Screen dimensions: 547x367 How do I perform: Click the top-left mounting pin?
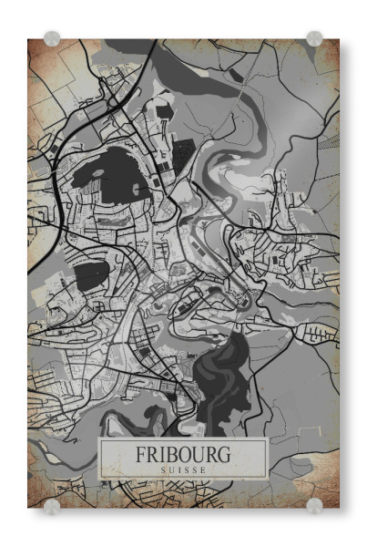tap(52, 38)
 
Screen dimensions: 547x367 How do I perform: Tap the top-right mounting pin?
tap(314, 38)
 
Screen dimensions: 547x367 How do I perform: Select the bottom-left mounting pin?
tap(52, 507)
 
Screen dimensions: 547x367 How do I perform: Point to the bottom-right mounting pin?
tap(314, 506)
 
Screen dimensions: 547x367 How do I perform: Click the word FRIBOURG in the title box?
tap(183, 454)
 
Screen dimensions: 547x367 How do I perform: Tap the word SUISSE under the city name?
tap(183, 470)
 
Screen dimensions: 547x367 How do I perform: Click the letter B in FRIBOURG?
tap(170, 454)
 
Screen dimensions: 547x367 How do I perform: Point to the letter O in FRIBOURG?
tap(184, 454)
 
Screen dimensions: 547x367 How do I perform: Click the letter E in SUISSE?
tap(205, 470)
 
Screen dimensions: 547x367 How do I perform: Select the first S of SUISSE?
tap(161, 470)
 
